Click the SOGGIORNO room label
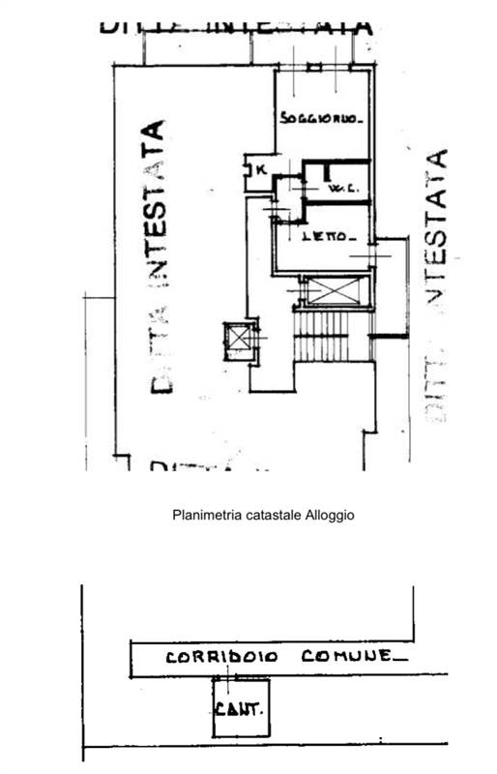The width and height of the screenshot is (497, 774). pyautogui.click(x=321, y=120)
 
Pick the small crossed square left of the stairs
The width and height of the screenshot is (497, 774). pyautogui.click(x=236, y=340)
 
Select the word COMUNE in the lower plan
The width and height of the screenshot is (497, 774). pyautogui.click(x=346, y=656)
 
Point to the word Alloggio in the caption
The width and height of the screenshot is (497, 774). pyautogui.click(x=330, y=516)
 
